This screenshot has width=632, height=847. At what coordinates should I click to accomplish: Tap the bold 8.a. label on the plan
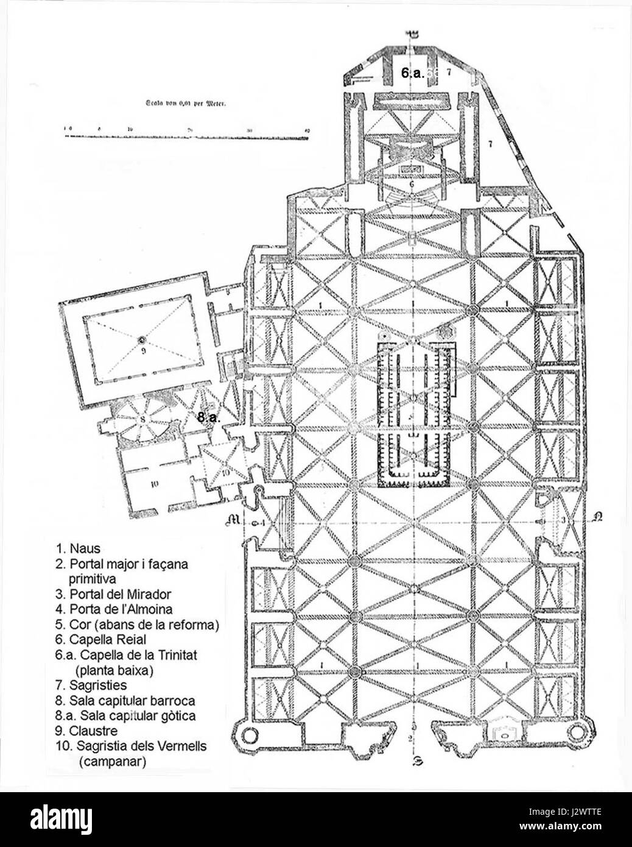(209, 417)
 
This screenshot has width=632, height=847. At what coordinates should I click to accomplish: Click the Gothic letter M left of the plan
(232, 520)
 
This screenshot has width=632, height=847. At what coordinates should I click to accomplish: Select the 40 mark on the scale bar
(307, 130)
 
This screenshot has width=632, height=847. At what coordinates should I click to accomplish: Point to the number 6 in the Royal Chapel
(412, 183)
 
